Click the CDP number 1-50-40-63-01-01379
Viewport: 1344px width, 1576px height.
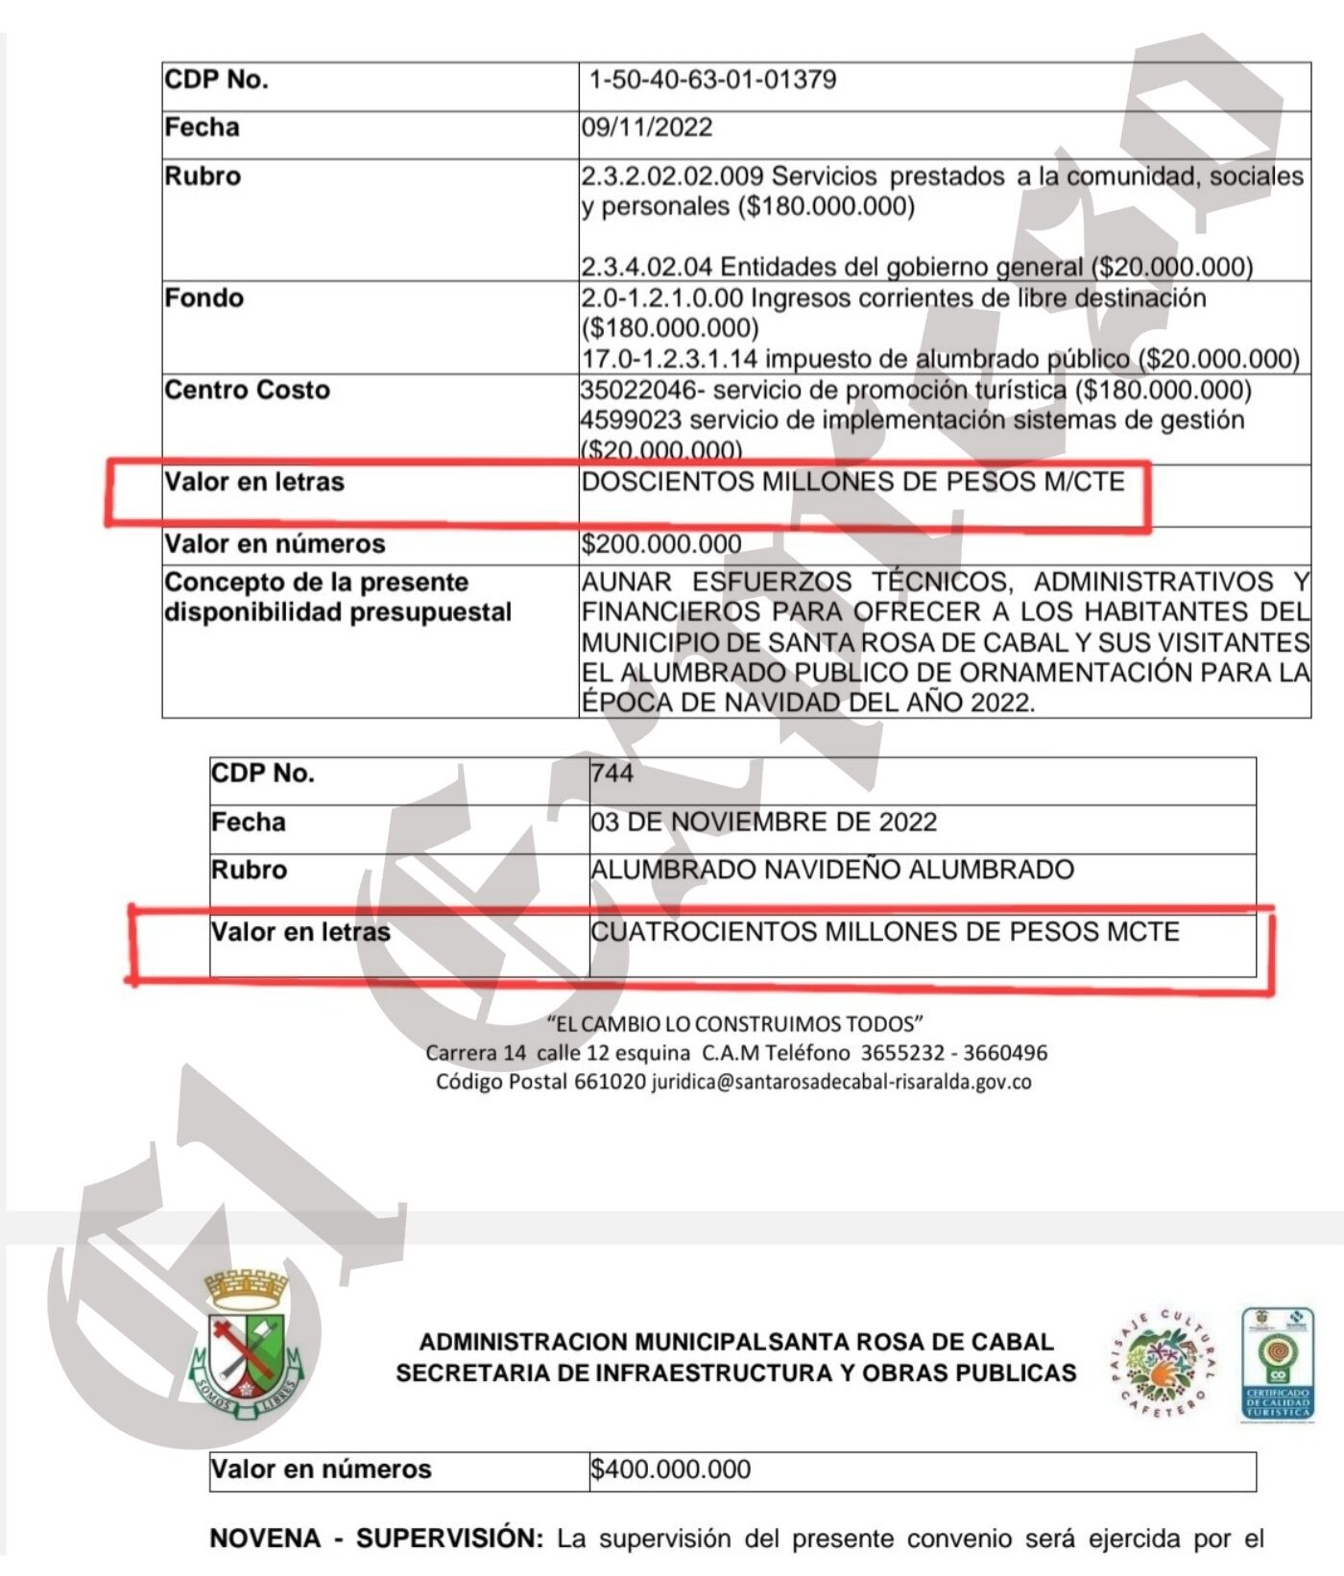711,80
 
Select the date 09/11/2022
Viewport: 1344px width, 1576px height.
647,128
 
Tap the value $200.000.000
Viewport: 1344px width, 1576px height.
661,544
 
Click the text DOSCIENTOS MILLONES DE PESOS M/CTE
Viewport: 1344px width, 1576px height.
852,482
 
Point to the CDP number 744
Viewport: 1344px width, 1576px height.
612,774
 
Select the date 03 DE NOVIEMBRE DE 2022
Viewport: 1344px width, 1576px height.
763,823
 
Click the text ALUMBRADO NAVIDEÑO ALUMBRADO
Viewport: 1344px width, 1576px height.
831,871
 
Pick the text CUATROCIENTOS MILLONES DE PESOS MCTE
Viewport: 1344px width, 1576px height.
884,932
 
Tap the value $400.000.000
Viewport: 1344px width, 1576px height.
670,1469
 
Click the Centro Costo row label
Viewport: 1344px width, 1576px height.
247,391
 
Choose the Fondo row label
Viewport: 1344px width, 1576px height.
204,298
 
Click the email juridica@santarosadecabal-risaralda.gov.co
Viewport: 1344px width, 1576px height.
841,1083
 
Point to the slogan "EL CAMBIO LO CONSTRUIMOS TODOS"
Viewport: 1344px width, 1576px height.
734,1024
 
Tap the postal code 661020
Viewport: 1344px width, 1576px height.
610,1083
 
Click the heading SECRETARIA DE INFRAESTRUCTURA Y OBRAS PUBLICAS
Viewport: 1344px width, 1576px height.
735,1373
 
